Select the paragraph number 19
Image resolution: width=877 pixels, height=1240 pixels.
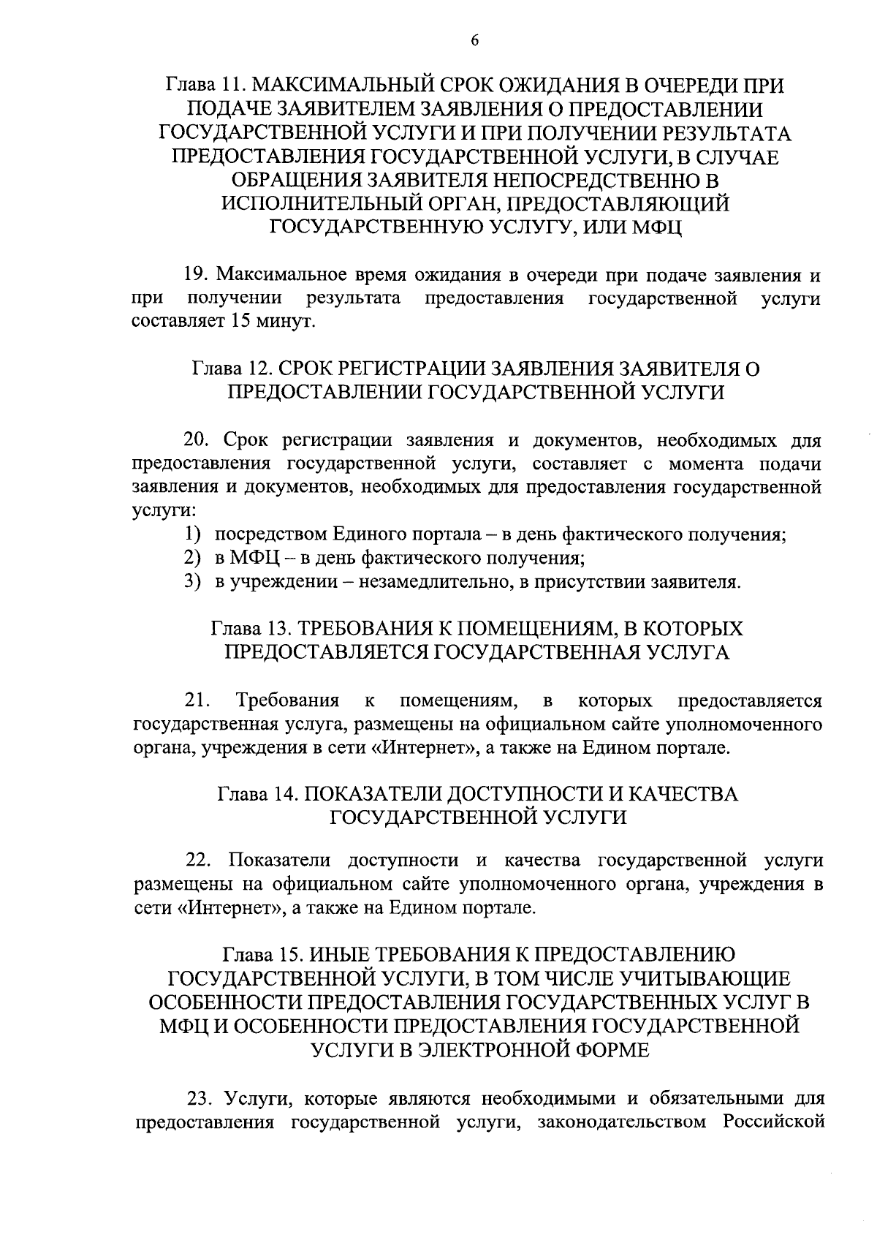tap(195, 276)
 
